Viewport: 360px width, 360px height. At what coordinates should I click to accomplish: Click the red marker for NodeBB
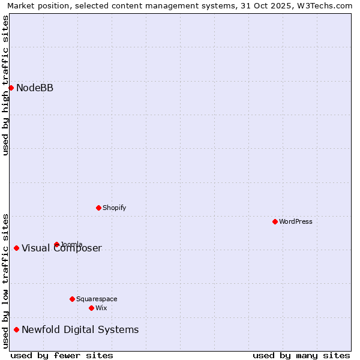point(11,88)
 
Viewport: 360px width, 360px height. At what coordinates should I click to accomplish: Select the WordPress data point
point(275,221)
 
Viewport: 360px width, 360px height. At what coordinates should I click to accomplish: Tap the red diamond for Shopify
point(98,208)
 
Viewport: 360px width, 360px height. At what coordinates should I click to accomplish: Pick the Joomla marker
point(56,244)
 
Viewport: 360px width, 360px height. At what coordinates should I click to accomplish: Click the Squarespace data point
point(72,299)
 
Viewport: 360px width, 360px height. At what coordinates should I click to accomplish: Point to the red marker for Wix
point(91,308)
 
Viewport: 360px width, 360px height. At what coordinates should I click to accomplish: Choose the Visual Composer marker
point(16,248)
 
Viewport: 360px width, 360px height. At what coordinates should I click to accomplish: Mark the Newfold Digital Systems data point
point(16,329)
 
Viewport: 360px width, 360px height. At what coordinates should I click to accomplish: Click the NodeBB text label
point(35,88)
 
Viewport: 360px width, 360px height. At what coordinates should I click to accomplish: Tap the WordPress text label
point(296,221)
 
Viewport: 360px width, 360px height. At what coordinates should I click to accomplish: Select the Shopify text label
point(114,208)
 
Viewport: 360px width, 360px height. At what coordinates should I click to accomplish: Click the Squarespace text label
point(97,299)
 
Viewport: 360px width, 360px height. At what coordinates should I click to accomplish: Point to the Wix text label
point(101,308)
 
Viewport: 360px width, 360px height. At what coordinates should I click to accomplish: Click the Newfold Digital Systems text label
point(80,329)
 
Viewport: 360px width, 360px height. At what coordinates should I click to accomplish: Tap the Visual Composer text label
point(62,248)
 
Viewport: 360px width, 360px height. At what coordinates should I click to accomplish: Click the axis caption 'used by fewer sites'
point(62,355)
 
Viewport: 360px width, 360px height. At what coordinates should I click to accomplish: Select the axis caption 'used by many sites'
point(301,355)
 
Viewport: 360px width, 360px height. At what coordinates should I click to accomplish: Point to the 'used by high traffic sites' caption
point(5,86)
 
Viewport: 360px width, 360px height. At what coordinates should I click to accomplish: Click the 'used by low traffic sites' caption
point(5,281)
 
